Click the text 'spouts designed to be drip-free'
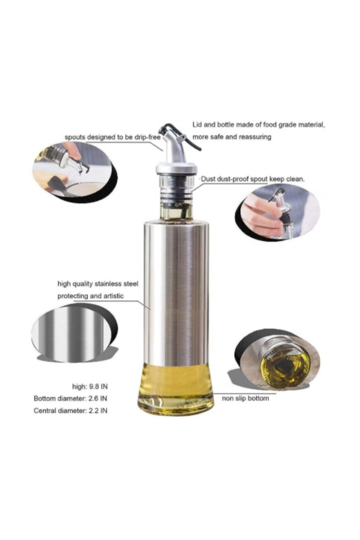tap(113, 136)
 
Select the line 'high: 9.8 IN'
tap(90, 386)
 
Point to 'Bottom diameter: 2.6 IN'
tap(71, 398)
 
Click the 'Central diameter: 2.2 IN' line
tap(71, 410)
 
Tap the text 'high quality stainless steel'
tap(98, 284)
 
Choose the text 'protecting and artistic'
tap(90, 296)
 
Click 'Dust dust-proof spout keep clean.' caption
tap(252, 179)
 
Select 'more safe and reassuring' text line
tap(232, 136)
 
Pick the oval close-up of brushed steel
tap(72, 330)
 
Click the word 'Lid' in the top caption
tap(198, 124)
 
